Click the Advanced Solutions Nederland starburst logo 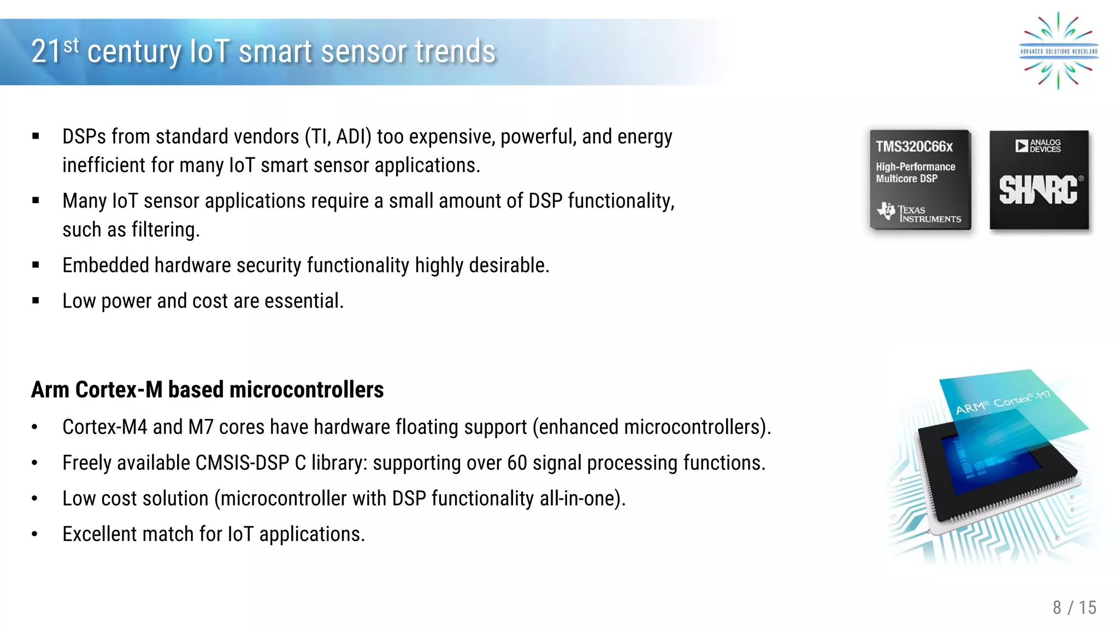pyautogui.click(x=1058, y=51)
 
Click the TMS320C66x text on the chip pyautogui.click(x=914, y=146)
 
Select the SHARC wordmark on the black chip pyautogui.click(x=1038, y=190)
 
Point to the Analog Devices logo pyautogui.click(x=1038, y=146)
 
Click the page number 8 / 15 pyautogui.click(x=1074, y=607)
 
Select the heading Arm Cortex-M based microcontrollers pyautogui.click(x=207, y=390)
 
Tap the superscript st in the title pyautogui.click(x=71, y=45)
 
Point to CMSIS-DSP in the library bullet pyautogui.click(x=242, y=463)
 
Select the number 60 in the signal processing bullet pyautogui.click(x=517, y=463)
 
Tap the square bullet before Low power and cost pyautogui.click(x=36, y=300)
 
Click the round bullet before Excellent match pyautogui.click(x=34, y=535)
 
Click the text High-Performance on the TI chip pyautogui.click(x=915, y=167)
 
